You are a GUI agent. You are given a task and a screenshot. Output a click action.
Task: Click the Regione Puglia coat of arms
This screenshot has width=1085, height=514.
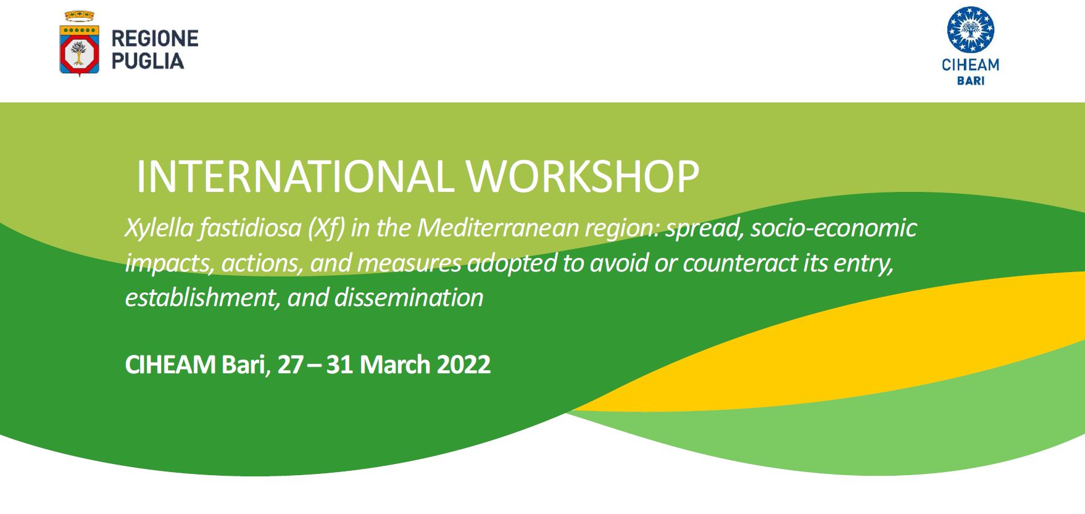(x=79, y=43)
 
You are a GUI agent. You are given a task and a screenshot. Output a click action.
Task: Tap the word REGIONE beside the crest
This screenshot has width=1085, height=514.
(x=155, y=39)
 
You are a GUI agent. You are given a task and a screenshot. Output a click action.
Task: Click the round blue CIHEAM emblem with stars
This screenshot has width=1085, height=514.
(x=970, y=30)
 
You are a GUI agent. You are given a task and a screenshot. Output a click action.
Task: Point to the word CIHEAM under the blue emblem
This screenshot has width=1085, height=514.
(x=970, y=65)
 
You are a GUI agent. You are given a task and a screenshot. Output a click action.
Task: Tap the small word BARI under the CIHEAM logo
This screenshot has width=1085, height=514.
(x=970, y=81)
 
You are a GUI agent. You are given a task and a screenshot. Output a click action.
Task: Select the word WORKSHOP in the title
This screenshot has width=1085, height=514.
(x=583, y=177)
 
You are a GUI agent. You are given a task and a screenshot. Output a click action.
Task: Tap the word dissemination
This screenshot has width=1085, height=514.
(x=409, y=298)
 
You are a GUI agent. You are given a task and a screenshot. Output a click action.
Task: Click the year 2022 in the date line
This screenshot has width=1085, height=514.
(x=464, y=365)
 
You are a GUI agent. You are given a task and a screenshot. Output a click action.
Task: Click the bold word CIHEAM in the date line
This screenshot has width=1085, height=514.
(x=170, y=365)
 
